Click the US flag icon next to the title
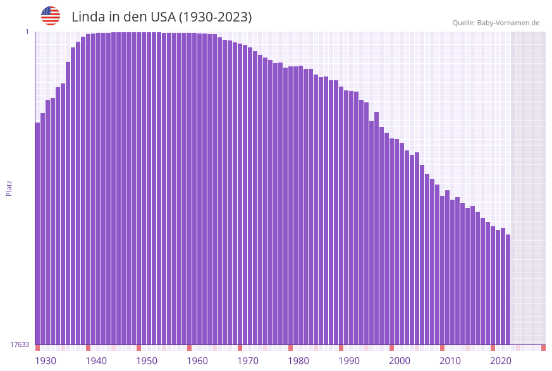(51, 16)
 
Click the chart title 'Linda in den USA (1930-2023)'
(161, 17)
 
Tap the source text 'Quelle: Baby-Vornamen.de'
(496, 23)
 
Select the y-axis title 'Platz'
(9, 188)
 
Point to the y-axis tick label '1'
(27, 32)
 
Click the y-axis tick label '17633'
(20, 344)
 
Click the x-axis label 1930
(46, 361)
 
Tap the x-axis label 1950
(147, 361)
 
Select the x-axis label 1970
(248, 361)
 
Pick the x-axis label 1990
(349, 361)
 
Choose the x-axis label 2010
(450, 361)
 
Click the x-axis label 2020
(501, 361)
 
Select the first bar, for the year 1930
(37, 234)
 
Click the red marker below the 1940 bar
(88, 348)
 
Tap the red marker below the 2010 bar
(442, 348)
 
